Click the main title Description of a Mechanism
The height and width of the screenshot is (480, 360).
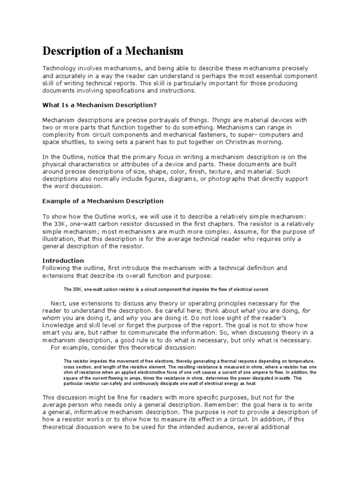pyautogui.click(x=113, y=50)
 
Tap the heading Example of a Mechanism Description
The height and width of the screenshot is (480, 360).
pyautogui.click(x=103, y=201)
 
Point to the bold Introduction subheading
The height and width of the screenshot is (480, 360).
pyautogui.click(x=63, y=260)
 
